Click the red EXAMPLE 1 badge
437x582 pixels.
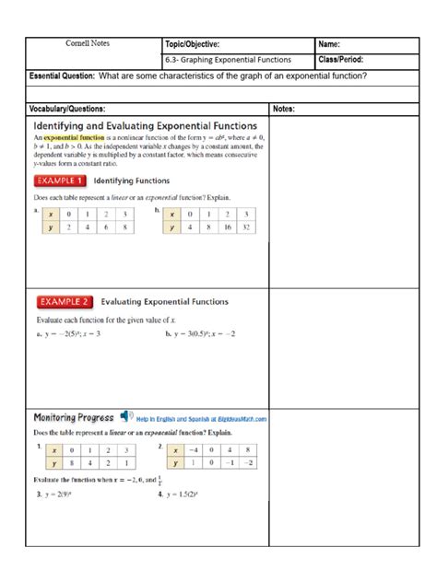61,181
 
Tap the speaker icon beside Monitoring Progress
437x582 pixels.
125,417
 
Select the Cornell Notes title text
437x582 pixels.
89,43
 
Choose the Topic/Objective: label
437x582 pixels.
192,44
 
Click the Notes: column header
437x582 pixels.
283,109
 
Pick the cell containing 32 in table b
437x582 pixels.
246,226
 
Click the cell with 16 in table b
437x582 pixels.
226,226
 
